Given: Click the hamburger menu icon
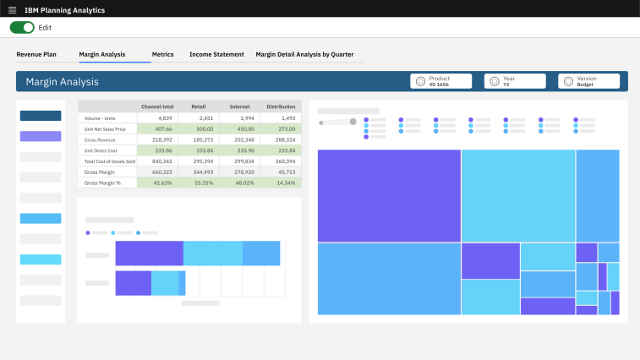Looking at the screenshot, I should (x=12, y=9).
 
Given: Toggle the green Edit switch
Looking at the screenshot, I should (x=22, y=28).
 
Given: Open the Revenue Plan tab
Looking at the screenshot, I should (x=36, y=54).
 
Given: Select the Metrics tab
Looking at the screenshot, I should (x=162, y=54).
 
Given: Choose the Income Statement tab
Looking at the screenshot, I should (x=216, y=54).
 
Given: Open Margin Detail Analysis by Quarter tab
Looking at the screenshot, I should (x=304, y=54).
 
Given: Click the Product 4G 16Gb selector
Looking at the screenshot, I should (x=440, y=81).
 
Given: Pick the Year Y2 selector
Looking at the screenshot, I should (x=514, y=81).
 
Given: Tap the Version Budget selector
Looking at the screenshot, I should (x=588, y=81).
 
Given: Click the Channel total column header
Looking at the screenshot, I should (x=157, y=106).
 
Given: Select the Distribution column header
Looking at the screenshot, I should (x=281, y=106).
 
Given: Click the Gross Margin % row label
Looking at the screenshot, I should (x=103, y=183).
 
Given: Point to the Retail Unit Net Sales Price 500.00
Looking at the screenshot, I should (x=204, y=128).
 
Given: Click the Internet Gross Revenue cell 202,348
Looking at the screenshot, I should (x=243, y=139).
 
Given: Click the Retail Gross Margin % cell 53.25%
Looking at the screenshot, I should (x=203, y=183).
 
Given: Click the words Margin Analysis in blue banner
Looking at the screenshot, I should (x=62, y=82).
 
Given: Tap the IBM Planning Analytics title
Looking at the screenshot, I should (x=64, y=9).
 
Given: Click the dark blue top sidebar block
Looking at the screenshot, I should (x=41, y=116).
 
